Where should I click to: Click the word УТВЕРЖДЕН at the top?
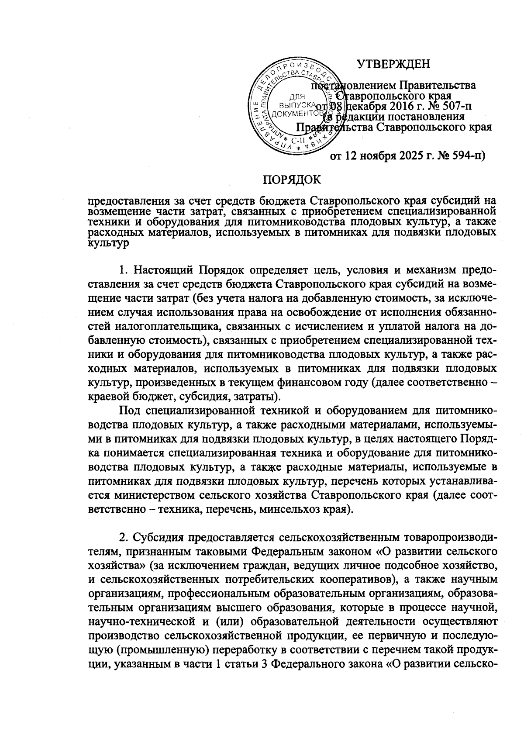(x=393, y=65)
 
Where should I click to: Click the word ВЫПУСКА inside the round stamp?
(x=296, y=105)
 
